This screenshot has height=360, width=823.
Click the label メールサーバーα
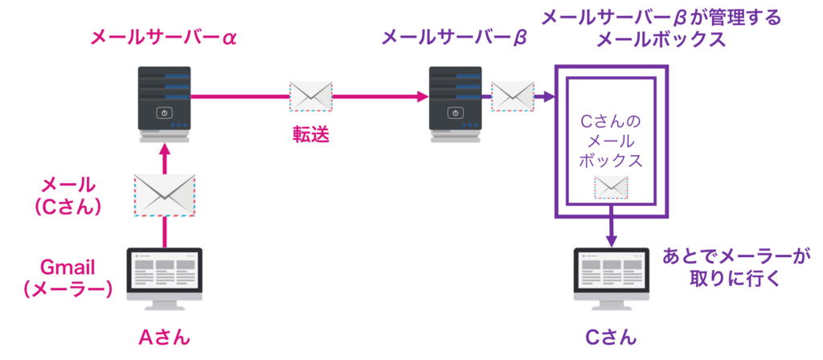(x=164, y=37)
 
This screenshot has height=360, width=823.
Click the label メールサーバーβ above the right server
(x=453, y=37)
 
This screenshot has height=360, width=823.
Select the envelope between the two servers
(x=311, y=96)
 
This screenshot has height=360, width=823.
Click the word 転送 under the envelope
(x=311, y=133)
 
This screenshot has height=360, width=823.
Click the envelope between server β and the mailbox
(x=513, y=96)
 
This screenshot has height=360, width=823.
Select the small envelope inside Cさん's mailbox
(x=611, y=187)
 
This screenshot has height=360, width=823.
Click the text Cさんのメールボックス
(x=611, y=141)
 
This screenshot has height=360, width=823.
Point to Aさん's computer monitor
(x=164, y=272)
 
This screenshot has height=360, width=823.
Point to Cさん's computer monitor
(x=611, y=272)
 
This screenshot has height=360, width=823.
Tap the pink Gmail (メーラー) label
(x=67, y=277)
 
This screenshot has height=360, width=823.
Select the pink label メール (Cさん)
(x=68, y=195)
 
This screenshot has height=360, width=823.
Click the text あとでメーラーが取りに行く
(x=735, y=268)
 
